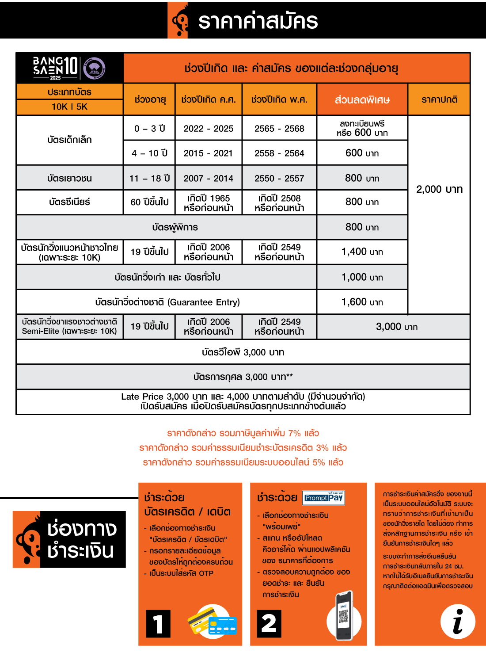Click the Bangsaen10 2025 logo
69,68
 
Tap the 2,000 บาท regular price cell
439,189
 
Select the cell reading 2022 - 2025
209,129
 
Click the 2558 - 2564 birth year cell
279,153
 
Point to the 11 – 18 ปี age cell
149,179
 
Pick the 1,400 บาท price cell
362,252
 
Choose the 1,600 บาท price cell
362,302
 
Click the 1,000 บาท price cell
362,277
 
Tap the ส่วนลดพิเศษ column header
362,100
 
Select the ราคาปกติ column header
439,100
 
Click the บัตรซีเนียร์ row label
69,202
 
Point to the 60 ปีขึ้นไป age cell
149,202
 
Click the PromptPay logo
323,498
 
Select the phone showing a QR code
344,616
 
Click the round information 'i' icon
458,621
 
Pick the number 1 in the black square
158,623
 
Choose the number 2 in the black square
269,623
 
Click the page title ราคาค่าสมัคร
258,21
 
